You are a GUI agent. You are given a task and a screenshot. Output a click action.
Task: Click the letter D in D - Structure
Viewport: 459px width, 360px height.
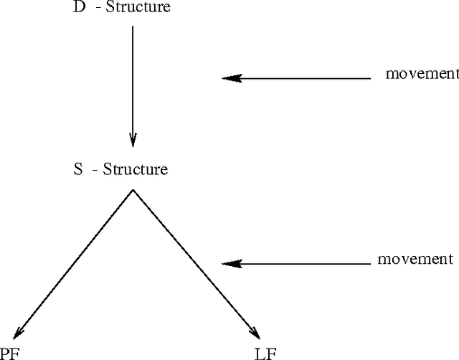click(78, 9)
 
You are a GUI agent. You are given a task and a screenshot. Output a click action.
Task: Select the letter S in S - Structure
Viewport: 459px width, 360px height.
click(77, 170)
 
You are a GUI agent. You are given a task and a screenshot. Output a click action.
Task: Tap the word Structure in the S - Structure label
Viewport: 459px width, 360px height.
click(136, 170)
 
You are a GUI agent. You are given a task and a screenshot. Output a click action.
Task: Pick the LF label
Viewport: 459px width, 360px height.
click(264, 353)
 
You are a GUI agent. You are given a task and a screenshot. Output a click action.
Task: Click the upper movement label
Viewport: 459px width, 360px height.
click(422, 73)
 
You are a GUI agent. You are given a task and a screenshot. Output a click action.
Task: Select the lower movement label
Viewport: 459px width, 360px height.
click(415, 259)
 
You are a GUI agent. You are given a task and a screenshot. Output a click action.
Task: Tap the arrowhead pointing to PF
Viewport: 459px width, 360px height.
click(17, 331)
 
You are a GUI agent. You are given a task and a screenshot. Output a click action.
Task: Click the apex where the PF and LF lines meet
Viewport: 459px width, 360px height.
click(133, 190)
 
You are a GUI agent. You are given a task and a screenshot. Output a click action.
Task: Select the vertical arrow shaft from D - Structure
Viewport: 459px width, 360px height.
click(133, 79)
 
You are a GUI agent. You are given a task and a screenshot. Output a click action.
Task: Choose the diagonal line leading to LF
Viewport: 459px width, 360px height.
click(194, 262)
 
